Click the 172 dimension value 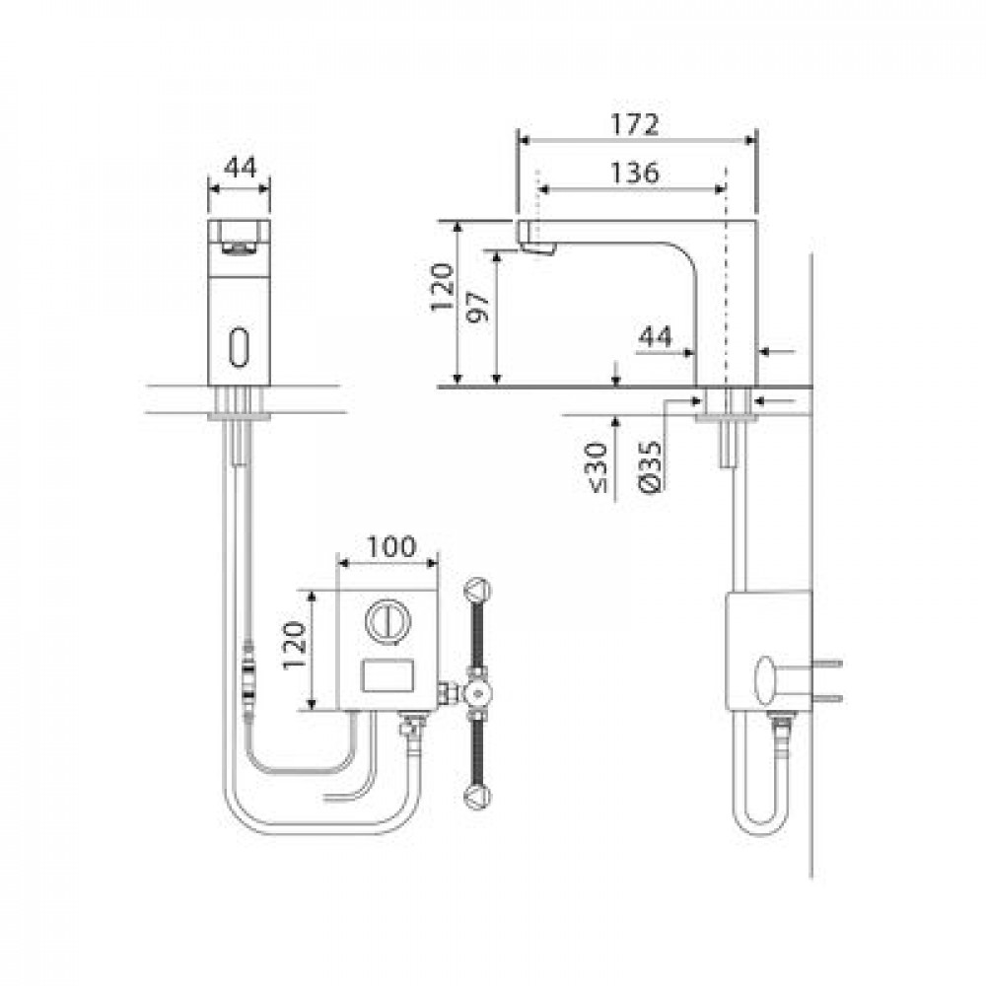click(635, 124)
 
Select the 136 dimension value click(635, 173)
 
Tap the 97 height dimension click(480, 307)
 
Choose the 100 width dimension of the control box click(390, 546)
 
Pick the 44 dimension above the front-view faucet click(241, 168)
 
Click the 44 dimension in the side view click(656, 337)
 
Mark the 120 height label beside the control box click(294, 646)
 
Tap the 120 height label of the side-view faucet click(442, 287)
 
